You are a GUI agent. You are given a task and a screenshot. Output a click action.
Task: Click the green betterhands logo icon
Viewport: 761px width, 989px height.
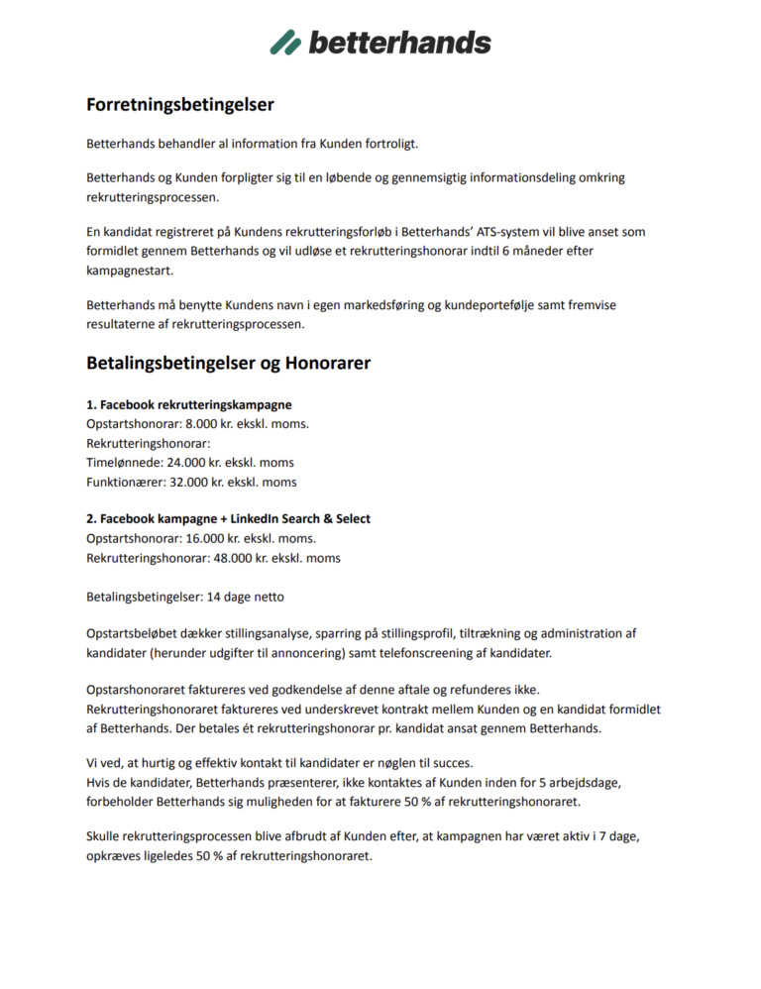click(x=285, y=42)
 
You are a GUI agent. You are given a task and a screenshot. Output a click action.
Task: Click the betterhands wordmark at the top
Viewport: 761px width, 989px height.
click(x=399, y=42)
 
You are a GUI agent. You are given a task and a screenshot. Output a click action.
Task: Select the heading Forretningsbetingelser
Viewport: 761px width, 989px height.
click(x=179, y=104)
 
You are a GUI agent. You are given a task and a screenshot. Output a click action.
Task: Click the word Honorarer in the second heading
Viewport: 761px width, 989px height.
click(x=328, y=364)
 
